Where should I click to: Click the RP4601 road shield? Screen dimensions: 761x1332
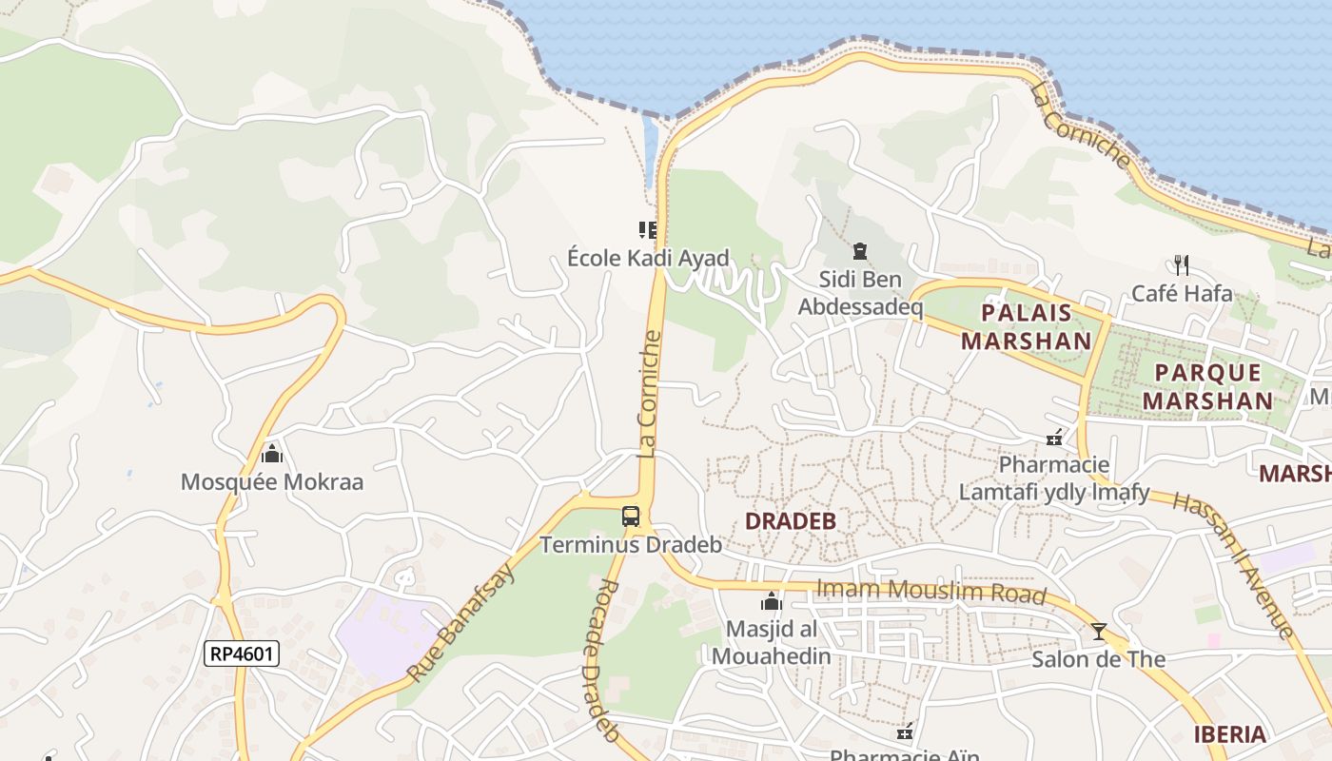point(242,654)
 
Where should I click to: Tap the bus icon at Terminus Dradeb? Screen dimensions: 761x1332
point(631,517)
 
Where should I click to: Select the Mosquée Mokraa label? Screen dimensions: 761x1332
point(272,481)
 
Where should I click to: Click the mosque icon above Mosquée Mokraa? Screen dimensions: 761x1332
point(272,453)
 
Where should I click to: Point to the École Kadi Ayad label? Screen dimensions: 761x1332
point(648,258)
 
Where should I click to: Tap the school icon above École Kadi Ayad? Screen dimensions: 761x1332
point(648,229)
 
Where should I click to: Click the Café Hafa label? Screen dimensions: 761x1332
point(1182,293)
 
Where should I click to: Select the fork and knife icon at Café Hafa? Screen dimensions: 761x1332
point(1182,264)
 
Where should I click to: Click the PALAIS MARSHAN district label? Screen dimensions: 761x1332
point(1027,326)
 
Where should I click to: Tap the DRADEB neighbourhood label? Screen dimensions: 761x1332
point(791,521)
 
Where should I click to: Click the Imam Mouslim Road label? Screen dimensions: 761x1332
point(931,592)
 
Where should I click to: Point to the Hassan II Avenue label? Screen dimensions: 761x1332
point(1234,564)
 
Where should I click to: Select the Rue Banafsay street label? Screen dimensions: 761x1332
point(462,623)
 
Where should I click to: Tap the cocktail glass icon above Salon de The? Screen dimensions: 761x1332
point(1099,631)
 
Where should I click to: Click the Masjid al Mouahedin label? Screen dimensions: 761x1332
point(772,642)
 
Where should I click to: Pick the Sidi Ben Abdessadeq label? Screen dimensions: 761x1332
point(860,293)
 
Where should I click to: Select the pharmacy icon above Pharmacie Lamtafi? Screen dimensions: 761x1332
point(1054,438)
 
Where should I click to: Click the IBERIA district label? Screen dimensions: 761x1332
point(1230,734)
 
